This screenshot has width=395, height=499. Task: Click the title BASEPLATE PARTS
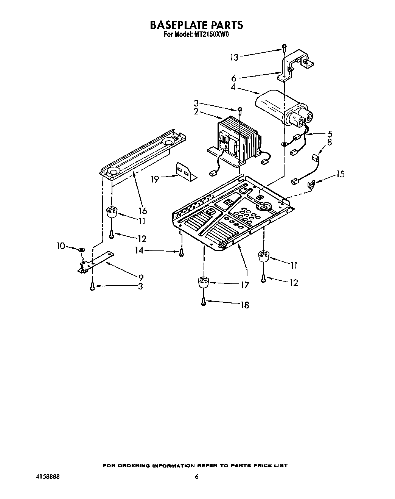coord(196,25)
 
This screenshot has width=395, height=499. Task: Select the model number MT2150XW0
coord(212,34)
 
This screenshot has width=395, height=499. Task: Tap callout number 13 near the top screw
coord(235,57)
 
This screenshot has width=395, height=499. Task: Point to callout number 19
coord(155,179)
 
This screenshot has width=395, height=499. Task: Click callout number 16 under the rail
coord(143,210)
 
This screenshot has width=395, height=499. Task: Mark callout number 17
coord(245,285)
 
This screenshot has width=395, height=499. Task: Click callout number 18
coord(245,305)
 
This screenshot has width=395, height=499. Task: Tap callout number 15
coord(341,174)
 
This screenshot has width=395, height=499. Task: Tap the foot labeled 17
coord(204,283)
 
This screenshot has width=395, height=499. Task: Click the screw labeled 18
coord(204,302)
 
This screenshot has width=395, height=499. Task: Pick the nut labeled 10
coord(81,250)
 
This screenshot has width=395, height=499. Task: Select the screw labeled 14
coord(182,252)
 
